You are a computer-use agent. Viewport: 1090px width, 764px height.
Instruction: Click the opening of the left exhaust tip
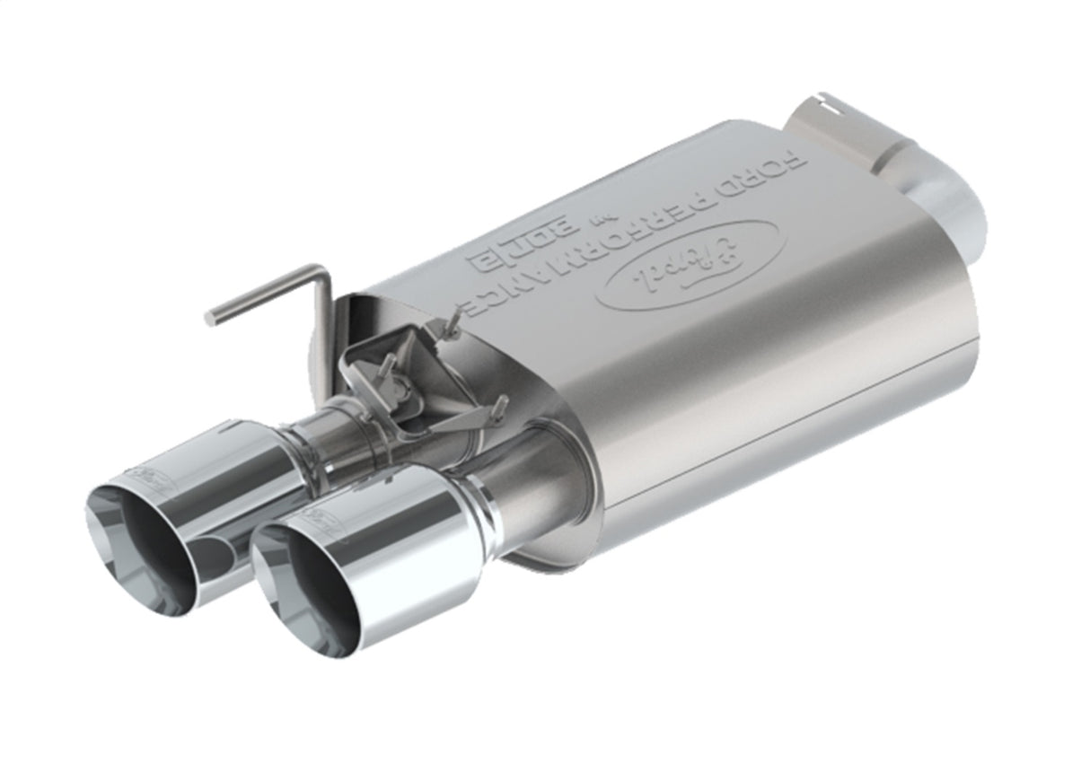144,548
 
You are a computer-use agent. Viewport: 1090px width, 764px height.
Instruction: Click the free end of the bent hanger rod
213,316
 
